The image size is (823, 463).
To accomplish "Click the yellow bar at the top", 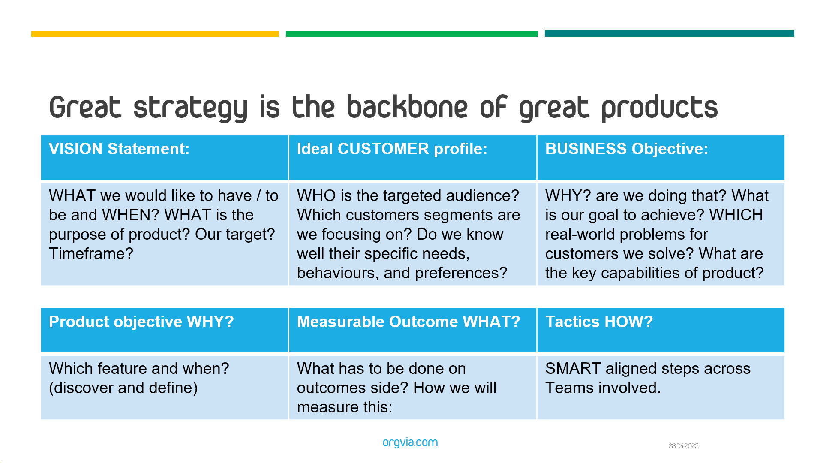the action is point(155,34).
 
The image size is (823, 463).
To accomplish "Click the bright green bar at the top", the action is point(412,34).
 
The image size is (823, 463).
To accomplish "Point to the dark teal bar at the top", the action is point(670,33).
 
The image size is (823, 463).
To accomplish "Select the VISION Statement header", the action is point(119,149).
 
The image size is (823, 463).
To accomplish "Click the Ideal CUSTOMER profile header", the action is point(392,149).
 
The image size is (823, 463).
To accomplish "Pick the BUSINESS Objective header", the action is point(627,149).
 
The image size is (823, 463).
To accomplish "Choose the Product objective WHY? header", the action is point(141,322).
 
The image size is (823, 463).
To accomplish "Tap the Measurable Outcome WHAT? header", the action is point(408,322).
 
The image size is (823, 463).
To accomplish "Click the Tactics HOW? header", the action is point(599,322).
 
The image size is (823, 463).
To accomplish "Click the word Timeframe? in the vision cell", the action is point(91,254).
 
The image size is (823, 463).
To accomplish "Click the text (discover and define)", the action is point(123,388).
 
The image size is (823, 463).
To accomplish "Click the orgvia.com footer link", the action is point(410,442).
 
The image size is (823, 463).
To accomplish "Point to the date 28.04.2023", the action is point(683,446).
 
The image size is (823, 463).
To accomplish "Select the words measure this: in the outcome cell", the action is point(345,407).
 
